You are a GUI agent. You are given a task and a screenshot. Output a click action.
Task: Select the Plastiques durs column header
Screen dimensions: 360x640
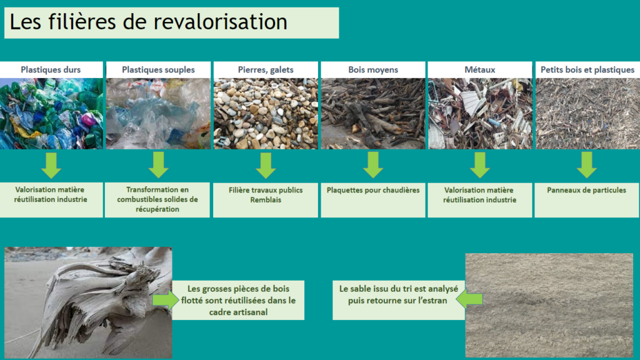[x=51, y=70]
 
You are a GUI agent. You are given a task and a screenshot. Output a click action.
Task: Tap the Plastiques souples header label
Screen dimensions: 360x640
[x=158, y=70]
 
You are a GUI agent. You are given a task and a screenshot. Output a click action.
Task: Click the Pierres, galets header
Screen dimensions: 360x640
[x=266, y=70]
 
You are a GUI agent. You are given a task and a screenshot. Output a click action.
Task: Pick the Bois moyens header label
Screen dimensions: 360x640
[x=373, y=70]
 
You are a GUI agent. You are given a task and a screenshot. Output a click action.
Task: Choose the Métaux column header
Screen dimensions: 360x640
[x=480, y=70]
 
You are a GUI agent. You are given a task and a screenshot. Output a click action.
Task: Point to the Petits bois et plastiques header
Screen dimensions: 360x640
[x=587, y=70]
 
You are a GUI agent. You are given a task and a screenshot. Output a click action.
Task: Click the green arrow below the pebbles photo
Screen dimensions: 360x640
[x=266, y=165]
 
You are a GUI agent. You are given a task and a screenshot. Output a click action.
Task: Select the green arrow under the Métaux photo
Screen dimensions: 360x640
[x=479, y=165]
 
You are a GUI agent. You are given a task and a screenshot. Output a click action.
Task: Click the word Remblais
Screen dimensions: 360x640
[x=266, y=200]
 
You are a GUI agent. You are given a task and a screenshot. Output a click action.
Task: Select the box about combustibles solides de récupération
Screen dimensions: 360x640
[x=157, y=199]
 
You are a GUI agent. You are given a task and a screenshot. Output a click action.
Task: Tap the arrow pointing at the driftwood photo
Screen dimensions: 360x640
[x=164, y=300]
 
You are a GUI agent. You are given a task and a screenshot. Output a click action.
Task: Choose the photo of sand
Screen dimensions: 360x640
[x=549, y=304]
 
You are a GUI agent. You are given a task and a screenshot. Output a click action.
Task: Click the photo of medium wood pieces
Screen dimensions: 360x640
[x=373, y=113]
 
